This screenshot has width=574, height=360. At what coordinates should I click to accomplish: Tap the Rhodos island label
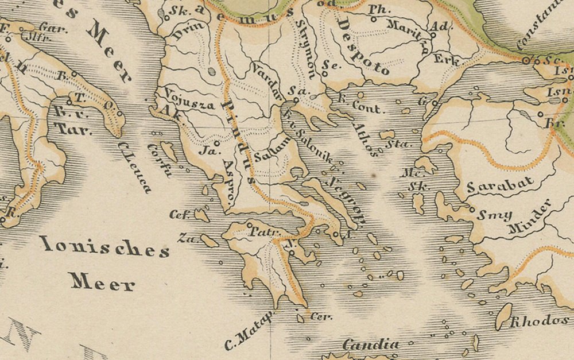(x=540, y=320)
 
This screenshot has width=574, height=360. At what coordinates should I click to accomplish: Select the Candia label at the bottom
(x=371, y=344)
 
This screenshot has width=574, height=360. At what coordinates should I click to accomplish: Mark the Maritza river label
(x=407, y=34)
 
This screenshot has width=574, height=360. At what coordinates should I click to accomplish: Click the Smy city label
(x=494, y=216)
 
